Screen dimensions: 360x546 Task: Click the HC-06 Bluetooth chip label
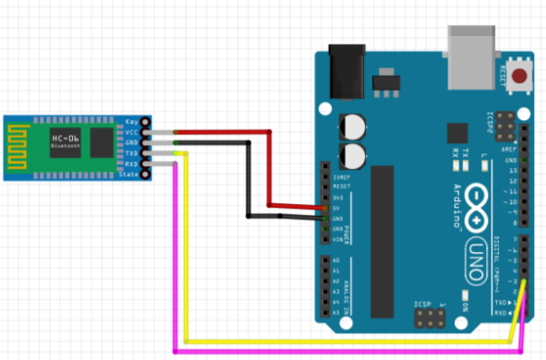click(x=66, y=139)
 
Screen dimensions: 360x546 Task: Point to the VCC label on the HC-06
click(x=130, y=133)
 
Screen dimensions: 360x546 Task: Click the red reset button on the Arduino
click(x=521, y=76)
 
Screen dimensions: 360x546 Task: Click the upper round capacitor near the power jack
click(x=354, y=126)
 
